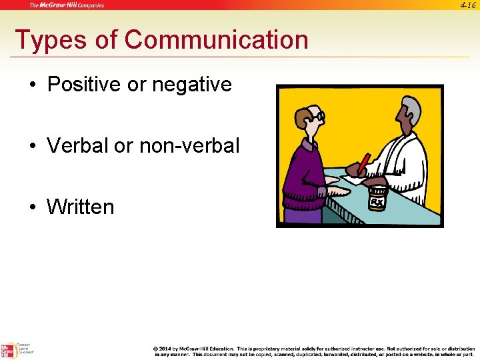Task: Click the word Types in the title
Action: (49, 41)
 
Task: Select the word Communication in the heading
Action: (216, 40)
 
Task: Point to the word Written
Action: (80, 207)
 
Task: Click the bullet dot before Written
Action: (33, 207)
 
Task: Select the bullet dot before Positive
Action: (33, 85)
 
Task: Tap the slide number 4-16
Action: (467, 5)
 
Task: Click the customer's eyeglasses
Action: (319, 117)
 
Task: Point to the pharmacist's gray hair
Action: (413, 106)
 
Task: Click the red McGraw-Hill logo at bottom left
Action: (9, 351)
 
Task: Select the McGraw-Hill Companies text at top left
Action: (67, 5)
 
